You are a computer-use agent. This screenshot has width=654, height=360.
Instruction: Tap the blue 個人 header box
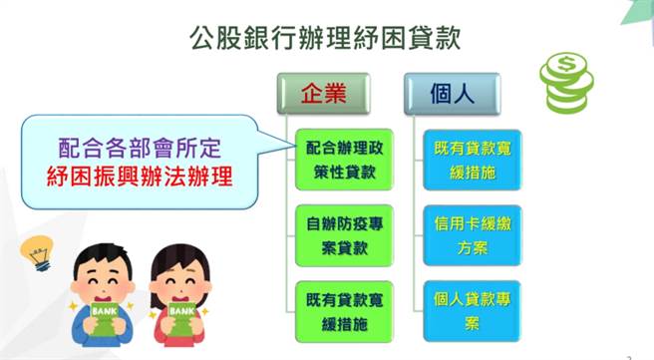coord(452,94)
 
